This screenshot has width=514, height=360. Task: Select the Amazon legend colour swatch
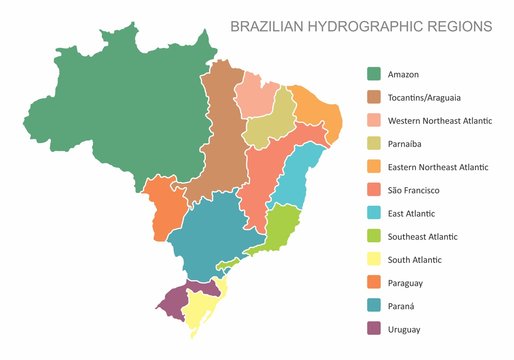coord(374,74)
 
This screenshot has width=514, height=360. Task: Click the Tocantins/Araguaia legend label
coord(424,97)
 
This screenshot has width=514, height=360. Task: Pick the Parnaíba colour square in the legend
coord(374,143)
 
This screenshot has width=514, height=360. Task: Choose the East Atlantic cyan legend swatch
coord(374,213)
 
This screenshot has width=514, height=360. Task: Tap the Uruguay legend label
coord(404,329)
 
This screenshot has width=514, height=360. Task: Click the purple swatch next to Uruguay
coord(374,329)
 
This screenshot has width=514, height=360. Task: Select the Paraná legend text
coord(403,306)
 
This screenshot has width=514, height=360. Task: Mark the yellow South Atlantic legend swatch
coord(374,259)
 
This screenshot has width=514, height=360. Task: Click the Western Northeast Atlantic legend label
coord(439,120)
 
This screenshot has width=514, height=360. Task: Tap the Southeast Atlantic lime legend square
coord(374,236)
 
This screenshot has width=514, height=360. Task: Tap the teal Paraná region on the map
coord(210,235)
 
